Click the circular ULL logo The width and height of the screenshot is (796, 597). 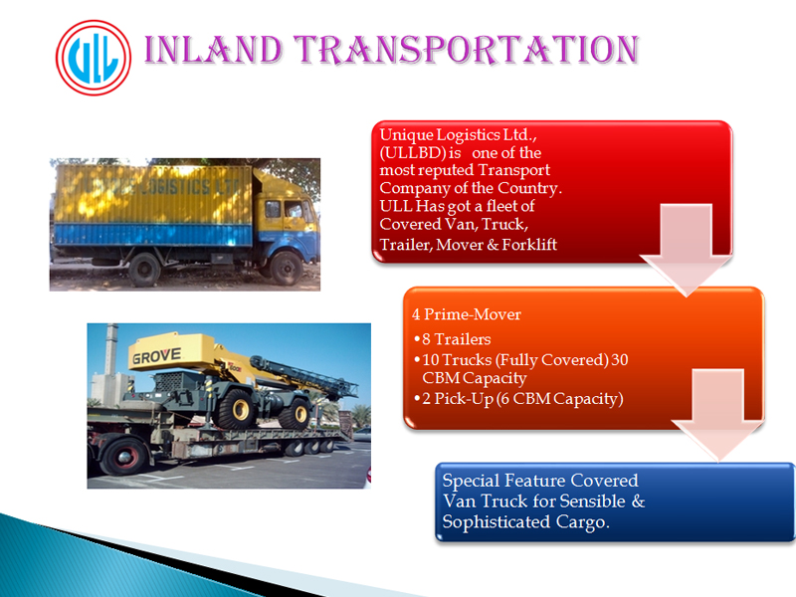pos(94,58)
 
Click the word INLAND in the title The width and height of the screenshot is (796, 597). pos(213,49)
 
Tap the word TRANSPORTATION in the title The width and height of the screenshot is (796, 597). pos(466,49)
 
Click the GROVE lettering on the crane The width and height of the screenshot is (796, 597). pos(156,356)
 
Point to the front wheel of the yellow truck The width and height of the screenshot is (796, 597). pos(286,268)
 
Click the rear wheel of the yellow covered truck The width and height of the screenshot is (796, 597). pos(144,269)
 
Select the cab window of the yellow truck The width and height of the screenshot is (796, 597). pos(294,209)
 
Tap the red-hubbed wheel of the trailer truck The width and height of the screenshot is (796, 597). pos(123,456)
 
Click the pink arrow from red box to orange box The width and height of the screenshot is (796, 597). pos(687,250)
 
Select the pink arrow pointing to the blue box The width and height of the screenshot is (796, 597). pos(718,415)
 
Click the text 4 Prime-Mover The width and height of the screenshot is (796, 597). pos(467,314)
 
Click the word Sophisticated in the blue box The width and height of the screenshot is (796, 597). pos(496,522)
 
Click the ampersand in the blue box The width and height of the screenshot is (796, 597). pos(638,501)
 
